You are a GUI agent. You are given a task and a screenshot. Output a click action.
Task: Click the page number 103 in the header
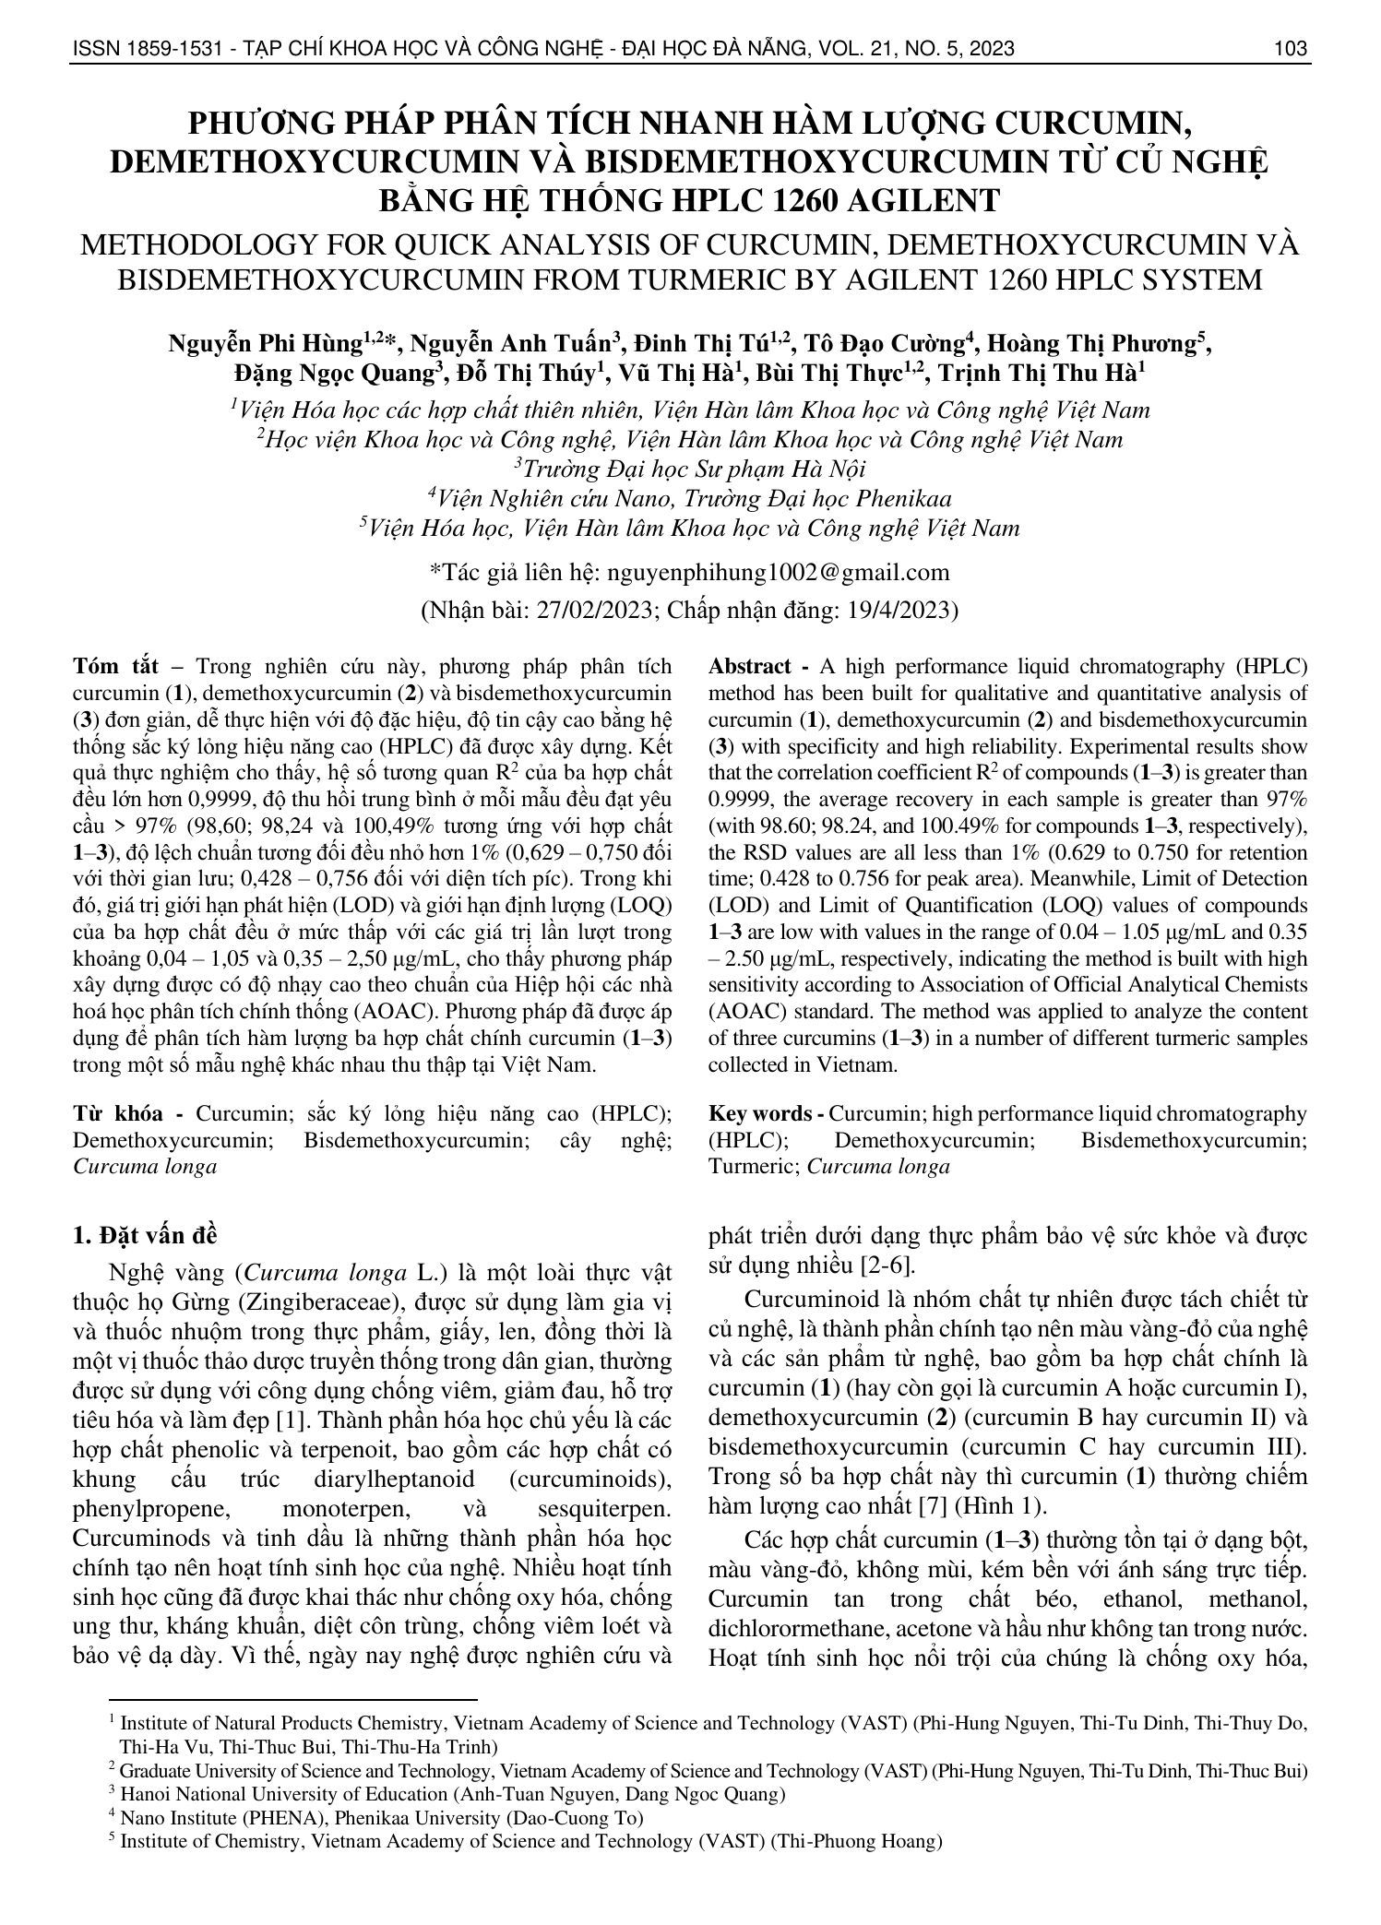pyautogui.click(x=1290, y=49)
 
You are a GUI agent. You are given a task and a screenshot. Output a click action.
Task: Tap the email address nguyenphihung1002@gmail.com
pyautogui.click(x=776, y=572)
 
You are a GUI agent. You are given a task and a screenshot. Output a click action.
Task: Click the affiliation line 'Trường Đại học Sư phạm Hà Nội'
pyautogui.click(x=690, y=469)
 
